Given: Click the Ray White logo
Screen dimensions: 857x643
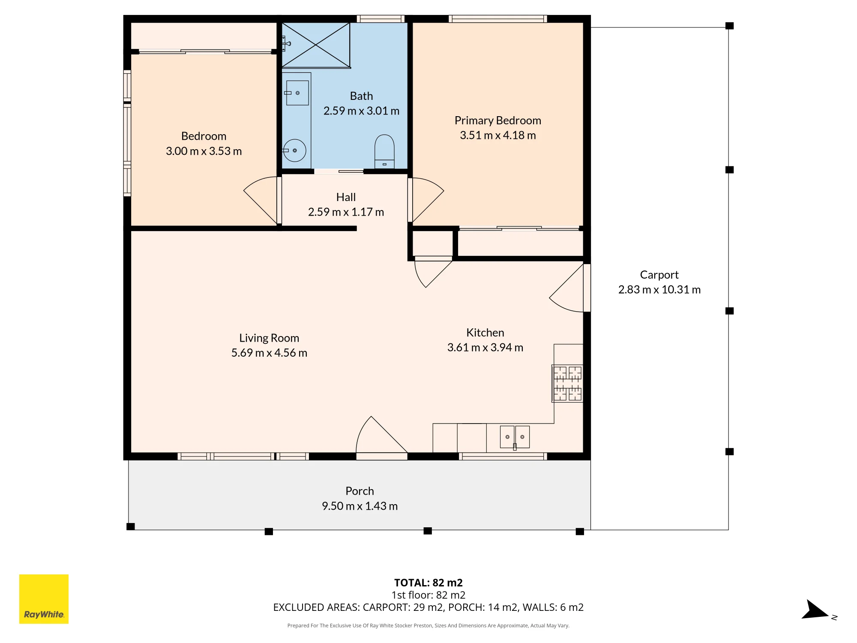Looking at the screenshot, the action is [44, 599].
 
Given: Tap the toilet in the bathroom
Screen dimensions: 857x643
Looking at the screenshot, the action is [384, 152].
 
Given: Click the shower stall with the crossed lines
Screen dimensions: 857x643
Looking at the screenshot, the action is [316, 45].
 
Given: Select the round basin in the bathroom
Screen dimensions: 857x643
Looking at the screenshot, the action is [295, 150].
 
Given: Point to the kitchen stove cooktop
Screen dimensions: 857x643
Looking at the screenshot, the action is [567, 383].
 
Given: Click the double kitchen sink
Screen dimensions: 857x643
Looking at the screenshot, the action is [515, 437].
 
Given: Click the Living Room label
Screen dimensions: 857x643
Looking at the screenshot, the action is [269, 338].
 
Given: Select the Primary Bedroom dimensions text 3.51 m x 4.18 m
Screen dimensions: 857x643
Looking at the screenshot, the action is [498, 135].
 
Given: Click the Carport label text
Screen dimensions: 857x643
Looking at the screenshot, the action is [659, 275].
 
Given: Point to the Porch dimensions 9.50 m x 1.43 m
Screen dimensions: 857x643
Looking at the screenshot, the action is [360, 506].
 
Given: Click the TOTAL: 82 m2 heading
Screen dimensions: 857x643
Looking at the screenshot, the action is [428, 583].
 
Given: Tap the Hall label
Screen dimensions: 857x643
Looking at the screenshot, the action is [346, 197].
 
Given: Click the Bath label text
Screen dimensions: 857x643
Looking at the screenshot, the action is [361, 96].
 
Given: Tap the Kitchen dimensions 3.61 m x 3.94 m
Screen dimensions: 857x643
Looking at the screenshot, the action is [485, 347].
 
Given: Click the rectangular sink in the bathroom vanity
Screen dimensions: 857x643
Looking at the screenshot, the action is [297, 93].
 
